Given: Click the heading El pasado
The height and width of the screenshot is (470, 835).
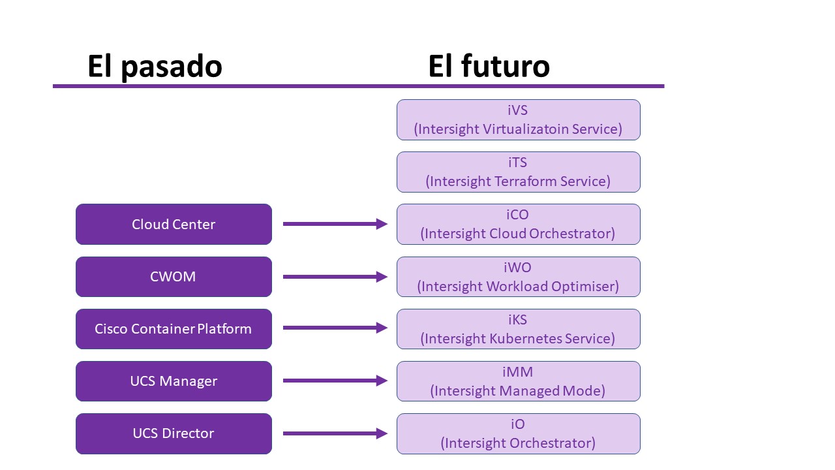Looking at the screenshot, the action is tap(155, 67).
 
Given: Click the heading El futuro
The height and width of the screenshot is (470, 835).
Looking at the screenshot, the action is tap(489, 66).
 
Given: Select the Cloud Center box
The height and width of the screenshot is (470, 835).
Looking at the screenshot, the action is tap(174, 224).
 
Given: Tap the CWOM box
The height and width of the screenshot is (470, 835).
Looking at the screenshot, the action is tap(174, 277).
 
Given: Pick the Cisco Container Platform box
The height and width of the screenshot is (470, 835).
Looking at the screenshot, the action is tap(174, 329).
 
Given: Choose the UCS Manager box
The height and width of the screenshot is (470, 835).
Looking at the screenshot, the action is tap(174, 381).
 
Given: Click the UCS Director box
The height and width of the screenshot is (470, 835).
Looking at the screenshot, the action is tap(174, 433).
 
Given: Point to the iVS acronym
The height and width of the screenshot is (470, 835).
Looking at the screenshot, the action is tap(517, 110).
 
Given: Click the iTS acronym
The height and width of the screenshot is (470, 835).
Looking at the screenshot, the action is tap(517, 163).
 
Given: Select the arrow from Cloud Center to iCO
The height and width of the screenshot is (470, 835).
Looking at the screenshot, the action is tap(335, 224).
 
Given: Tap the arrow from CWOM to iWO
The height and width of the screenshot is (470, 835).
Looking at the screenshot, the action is tap(335, 277).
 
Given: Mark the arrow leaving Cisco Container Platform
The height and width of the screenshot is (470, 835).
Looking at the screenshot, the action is tap(335, 328).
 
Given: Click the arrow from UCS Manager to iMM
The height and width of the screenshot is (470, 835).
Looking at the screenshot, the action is tap(335, 381).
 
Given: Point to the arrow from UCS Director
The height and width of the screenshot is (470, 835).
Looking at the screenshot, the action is tap(335, 433).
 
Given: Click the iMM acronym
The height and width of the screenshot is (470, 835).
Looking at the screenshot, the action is tap(517, 372).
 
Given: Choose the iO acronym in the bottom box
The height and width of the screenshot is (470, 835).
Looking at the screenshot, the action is tap(518, 424).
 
